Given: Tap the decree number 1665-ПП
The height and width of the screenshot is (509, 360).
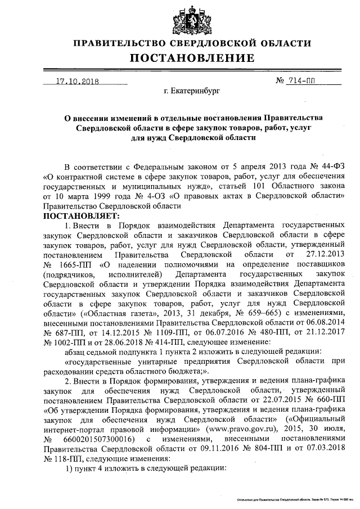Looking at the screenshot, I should click(x=66, y=264).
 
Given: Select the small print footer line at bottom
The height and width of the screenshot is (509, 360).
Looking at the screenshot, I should click(x=295, y=499).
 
